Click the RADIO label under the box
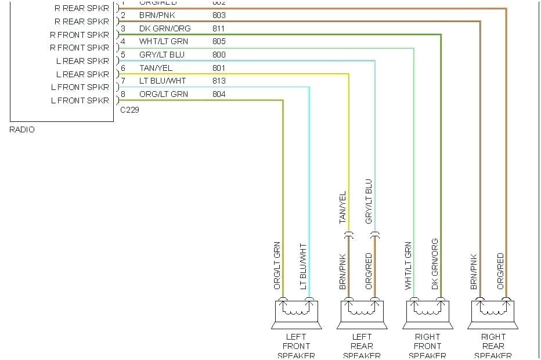(x=22, y=129)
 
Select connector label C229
(x=129, y=109)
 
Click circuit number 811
(x=219, y=28)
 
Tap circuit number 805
(x=219, y=42)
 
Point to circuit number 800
(x=219, y=55)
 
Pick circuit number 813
(x=219, y=81)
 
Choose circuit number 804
(x=219, y=94)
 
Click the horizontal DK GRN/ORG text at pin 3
(x=165, y=28)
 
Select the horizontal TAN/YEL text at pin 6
(x=156, y=68)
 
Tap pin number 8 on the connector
(x=123, y=94)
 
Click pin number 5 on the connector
(x=123, y=55)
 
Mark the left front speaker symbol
(x=296, y=314)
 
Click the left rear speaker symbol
(x=362, y=314)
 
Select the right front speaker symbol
(x=427, y=314)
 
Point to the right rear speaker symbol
(x=493, y=314)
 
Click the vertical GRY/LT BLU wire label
(x=369, y=201)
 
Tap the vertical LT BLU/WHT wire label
(x=303, y=267)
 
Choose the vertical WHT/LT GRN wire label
(x=408, y=266)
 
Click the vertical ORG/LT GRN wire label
(x=277, y=265)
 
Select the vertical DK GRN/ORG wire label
(x=435, y=264)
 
